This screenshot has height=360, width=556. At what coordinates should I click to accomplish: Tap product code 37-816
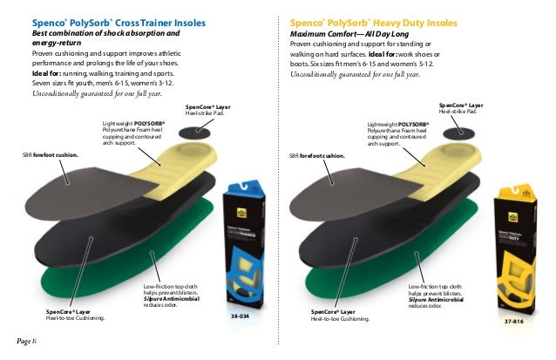point(514,322)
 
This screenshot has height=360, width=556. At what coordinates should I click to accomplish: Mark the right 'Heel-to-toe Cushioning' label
point(339,318)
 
